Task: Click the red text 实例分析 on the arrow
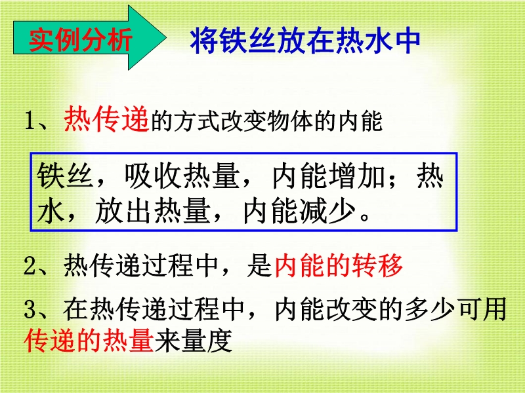(80, 40)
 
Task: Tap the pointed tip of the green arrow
(166, 37)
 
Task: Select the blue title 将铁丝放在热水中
(305, 41)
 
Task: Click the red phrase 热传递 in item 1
(106, 119)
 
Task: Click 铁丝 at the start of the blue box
(64, 175)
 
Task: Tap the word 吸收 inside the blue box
(153, 175)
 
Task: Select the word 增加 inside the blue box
(357, 175)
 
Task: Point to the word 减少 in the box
(327, 211)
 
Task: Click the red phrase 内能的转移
(339, 266)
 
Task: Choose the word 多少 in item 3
(430, 309)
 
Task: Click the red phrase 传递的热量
(89, 341)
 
